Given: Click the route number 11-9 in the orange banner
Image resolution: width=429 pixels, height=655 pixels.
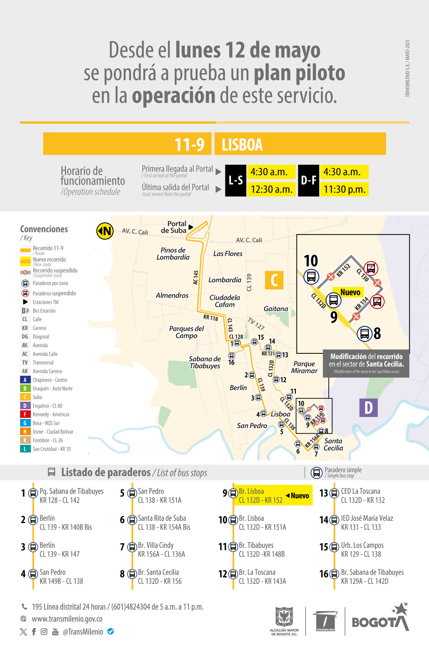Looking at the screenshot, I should (189, 144).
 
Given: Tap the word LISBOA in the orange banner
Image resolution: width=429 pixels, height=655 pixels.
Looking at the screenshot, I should (242, 144).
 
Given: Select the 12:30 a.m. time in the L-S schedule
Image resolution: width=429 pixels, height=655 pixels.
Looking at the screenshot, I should (271, 189).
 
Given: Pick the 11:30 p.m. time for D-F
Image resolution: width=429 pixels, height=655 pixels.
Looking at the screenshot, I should (344, 189).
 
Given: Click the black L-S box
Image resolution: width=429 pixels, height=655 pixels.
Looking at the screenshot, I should (236, 180).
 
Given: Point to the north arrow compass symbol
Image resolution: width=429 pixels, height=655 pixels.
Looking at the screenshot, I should (105, 231).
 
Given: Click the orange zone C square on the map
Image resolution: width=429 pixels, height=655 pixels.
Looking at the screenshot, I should (274, 280).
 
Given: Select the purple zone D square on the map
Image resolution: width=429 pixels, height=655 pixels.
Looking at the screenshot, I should (368, 408).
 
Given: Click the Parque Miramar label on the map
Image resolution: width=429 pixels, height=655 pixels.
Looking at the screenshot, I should (304, 367).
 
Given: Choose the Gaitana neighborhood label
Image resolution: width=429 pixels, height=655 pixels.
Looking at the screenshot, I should (276, 309).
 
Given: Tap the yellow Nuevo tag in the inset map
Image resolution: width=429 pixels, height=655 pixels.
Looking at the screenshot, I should (350, 292).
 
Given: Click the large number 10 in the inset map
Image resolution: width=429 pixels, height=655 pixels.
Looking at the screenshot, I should (311, 261).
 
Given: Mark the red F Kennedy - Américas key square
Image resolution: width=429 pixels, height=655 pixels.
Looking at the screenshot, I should (25, 414).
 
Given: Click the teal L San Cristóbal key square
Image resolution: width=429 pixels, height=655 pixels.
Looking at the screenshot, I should (25, 449).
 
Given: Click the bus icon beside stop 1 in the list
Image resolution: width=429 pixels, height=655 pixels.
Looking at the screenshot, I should (33, 494).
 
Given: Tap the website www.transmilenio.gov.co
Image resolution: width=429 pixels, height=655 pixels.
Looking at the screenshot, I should (67, 619).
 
